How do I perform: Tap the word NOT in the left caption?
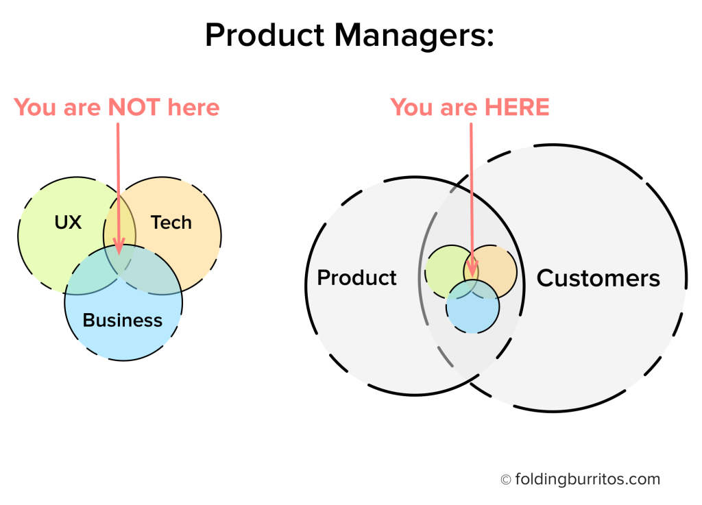tap(134, 108)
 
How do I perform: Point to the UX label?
tap(68, 223)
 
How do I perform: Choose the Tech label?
tap(171, 223)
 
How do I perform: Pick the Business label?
tap(123, 320)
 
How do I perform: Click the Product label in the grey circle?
tap(356, 278)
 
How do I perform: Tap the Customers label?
tap(598, 278)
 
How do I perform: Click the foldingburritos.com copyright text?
tap(587, 479)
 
